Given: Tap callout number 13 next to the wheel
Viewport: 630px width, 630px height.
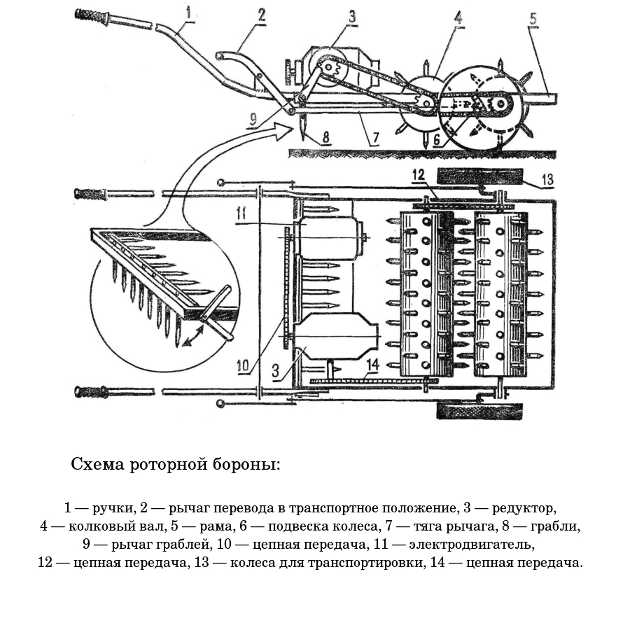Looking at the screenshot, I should coord(547,180).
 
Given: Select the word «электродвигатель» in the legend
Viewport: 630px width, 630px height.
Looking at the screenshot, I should coord(483,544).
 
